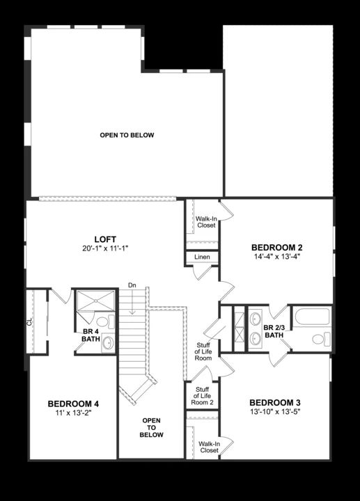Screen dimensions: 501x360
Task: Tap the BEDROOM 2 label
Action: (276, 247)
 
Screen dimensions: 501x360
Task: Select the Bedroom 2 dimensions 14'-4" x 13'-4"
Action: (276, 256)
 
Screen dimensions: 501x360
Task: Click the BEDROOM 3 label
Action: (274, 403)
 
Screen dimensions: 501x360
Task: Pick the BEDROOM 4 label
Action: (73, 404)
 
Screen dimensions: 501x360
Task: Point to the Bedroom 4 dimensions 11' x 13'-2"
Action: (73, 413)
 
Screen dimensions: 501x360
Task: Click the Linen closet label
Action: (202, 257)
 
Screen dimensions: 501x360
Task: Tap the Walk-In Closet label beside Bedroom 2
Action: (205, 221)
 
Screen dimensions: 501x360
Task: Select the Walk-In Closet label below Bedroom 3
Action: (208, 447)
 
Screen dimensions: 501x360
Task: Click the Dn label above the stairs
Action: (132, 286)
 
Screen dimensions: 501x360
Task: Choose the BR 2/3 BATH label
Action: (274, 331)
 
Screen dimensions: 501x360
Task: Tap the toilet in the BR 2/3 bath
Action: (319, 340)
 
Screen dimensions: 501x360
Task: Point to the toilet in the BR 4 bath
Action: (102, 323)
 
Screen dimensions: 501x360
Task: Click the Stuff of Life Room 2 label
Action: (203, 396)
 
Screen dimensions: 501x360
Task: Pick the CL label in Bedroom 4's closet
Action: (30, 321)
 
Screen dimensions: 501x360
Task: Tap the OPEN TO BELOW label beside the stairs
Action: (152, 428)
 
